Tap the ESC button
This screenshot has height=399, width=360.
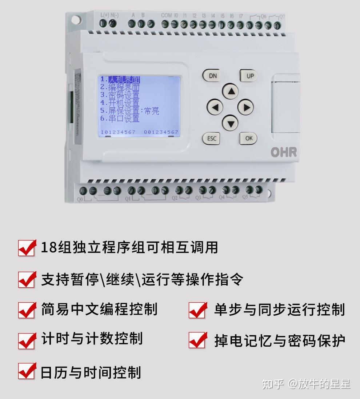click(x=211, y=139)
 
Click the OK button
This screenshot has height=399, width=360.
click(x=248, y=138)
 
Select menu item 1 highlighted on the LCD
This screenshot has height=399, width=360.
click(x=120, y=80)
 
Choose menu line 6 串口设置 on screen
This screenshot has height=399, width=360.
click(x=120, y=119)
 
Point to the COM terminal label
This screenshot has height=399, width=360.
click(x=166, y=15)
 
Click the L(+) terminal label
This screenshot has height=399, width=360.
click(x=104, y=15)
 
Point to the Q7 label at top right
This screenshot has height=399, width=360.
click(x=282, y=16)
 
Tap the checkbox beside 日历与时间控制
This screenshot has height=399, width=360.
click(x=27, y=371)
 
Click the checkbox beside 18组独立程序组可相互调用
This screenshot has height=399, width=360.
click(x=27, y=248)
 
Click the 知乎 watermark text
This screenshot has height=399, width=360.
click(x=272, y=384)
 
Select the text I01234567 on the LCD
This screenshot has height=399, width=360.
click(x=118, y=132)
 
